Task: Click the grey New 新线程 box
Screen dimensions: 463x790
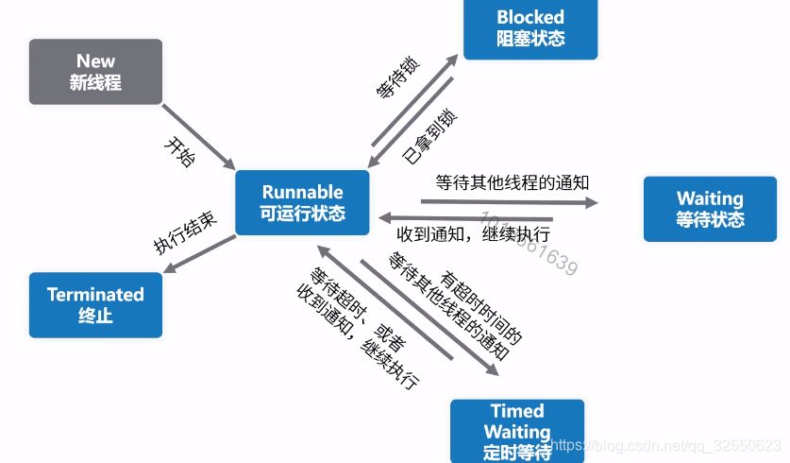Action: tap(95, 72)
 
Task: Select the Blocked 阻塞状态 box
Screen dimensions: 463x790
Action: tap(530, 28)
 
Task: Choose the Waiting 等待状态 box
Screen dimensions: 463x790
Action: tap(710, 209)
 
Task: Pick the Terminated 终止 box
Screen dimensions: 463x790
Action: tap(95, 304)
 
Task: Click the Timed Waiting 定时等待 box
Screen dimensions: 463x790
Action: tap(517, 431)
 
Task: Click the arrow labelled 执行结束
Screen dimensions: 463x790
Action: tap(200, 255)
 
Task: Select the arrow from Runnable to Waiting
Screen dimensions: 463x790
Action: tap(510, 201)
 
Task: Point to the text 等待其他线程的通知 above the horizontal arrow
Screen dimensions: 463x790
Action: tap(513, 181)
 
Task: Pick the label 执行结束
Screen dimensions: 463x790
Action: tap(185, 231)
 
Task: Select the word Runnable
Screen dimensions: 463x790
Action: tap(302, 192)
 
